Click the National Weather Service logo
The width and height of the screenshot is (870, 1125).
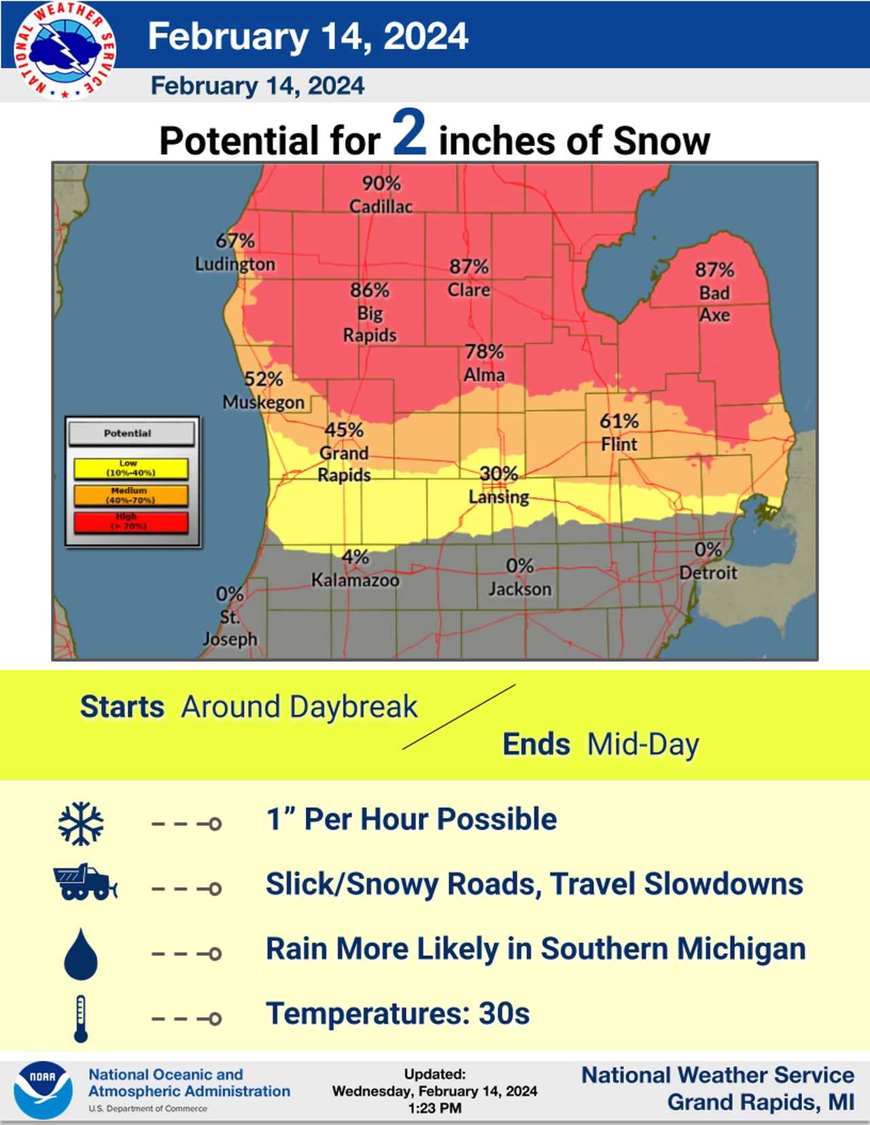(x=65, y=51)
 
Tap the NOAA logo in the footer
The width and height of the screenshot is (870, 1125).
(x=43, y=1090)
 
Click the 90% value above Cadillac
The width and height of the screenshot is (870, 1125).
(x=381, y=183)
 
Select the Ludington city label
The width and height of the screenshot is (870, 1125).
(x=235, y=264)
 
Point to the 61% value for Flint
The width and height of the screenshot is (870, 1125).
(x=619, y=421)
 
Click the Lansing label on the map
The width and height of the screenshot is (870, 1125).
(x=498, y=497)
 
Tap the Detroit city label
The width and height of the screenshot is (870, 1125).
(x=708, y=573)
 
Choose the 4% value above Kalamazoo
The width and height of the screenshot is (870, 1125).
(x=355, y=557)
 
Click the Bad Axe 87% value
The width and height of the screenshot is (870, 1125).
(x=714, y=270)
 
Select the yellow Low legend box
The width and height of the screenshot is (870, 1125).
(x=130, y=469)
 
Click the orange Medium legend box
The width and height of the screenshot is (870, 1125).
(x=130, y=495)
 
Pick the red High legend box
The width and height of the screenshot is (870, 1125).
(x=130, y=522)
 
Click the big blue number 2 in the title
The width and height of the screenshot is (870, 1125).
(x=409, y=134)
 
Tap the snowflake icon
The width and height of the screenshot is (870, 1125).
(x=81, y=823)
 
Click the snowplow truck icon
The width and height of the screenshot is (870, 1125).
(x=84, y=883)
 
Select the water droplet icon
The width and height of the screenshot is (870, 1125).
(x=81, y=954)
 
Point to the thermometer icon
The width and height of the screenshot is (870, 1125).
(x=81, y=1018)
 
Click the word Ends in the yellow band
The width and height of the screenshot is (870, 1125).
(x=536, y=745)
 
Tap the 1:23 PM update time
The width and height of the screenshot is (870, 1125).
(x=434, y=1108)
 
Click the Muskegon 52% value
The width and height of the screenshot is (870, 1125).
(x=263, y=379)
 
